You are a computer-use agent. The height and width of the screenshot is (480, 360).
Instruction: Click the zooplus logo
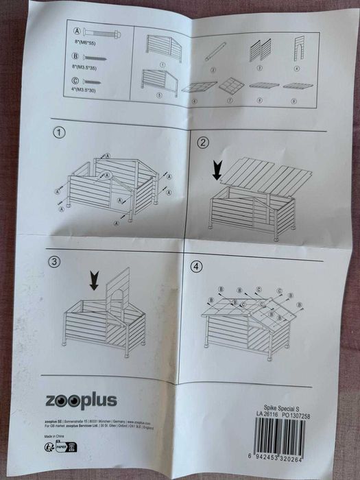click(82, 400)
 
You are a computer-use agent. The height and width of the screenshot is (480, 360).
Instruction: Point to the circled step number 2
click(202, 143)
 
